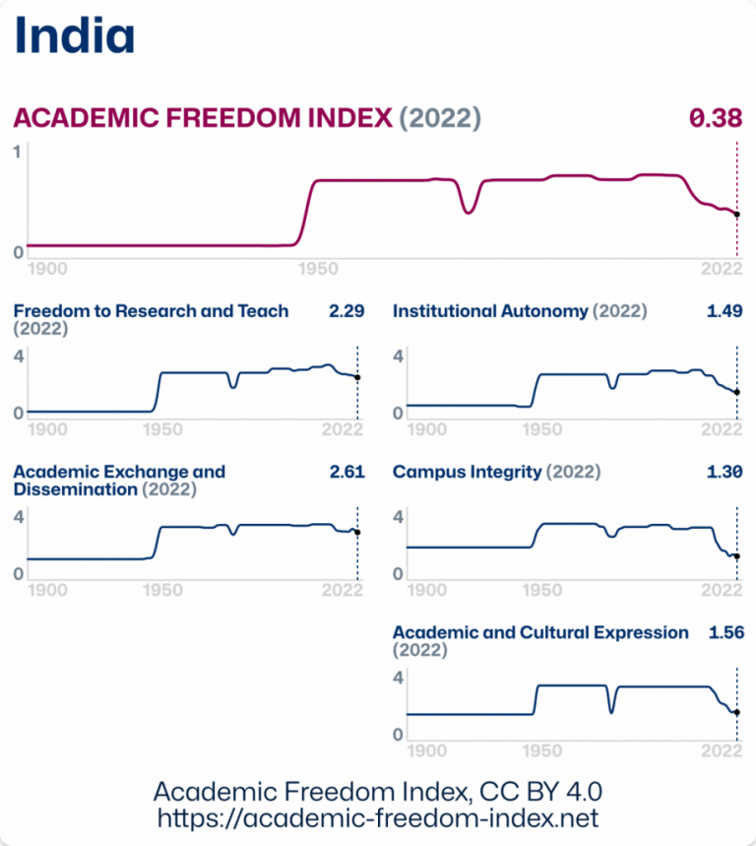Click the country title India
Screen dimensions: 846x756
[75, 35]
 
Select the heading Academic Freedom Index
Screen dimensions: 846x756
[203, 118]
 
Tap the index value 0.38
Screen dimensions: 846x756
[715, 118]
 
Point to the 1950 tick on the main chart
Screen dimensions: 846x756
[318, 269]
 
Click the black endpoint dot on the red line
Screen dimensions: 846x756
[736, 214]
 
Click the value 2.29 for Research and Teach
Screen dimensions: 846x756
[346, 311]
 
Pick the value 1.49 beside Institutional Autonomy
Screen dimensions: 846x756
[724, 311]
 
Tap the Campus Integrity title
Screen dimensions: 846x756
[467, 472]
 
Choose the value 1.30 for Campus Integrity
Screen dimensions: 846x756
[724, 472]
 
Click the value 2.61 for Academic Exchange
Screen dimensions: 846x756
[346, 472]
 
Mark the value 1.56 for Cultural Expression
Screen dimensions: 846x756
[724, 632]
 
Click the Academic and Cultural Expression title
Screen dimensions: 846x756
[540, 632]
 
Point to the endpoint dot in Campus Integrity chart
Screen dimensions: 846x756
[736, 556]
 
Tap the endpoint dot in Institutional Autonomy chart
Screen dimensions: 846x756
[736, 392]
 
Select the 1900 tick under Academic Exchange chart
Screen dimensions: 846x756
[48, 591]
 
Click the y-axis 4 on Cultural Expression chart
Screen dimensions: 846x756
[399, 678]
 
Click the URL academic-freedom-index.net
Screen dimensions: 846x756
[378, 818]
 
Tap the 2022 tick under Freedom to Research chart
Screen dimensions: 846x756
[343, 429]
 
